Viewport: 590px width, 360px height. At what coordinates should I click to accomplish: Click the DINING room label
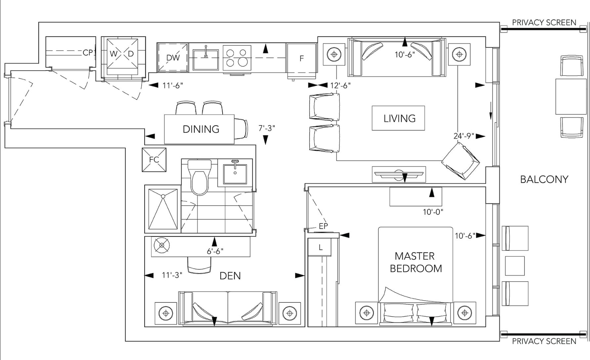(x=201, y=129)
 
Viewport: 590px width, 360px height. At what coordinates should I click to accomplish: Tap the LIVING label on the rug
(x=400, y=118)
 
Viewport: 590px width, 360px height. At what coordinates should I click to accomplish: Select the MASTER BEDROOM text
(x=416, y=262)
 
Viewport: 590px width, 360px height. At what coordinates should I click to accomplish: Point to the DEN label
(x=230, y=276)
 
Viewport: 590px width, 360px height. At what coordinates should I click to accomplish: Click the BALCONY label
(x=544, y=179)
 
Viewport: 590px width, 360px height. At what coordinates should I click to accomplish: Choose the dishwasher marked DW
(x=173, y=58)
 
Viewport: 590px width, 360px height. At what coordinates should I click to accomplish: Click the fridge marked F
(x=302, y=59)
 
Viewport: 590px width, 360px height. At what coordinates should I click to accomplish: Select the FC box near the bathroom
(x=154, y=159)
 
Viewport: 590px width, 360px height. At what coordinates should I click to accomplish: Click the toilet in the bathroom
(x=199, y=177)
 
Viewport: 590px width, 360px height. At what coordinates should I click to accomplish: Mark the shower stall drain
(x=163, y=196)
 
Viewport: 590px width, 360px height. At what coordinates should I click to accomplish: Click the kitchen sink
(x=206, y=60)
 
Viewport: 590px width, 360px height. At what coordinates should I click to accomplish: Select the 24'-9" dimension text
(x=464, y=136)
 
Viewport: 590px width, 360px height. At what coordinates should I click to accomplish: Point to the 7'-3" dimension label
(x=267, y=128)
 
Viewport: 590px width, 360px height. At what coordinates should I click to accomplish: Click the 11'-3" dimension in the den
(x=172, y=275)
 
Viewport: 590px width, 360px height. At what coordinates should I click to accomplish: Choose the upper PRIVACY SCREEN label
(x=544, y=22)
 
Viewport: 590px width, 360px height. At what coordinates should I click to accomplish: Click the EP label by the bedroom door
(x=323, y=226)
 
